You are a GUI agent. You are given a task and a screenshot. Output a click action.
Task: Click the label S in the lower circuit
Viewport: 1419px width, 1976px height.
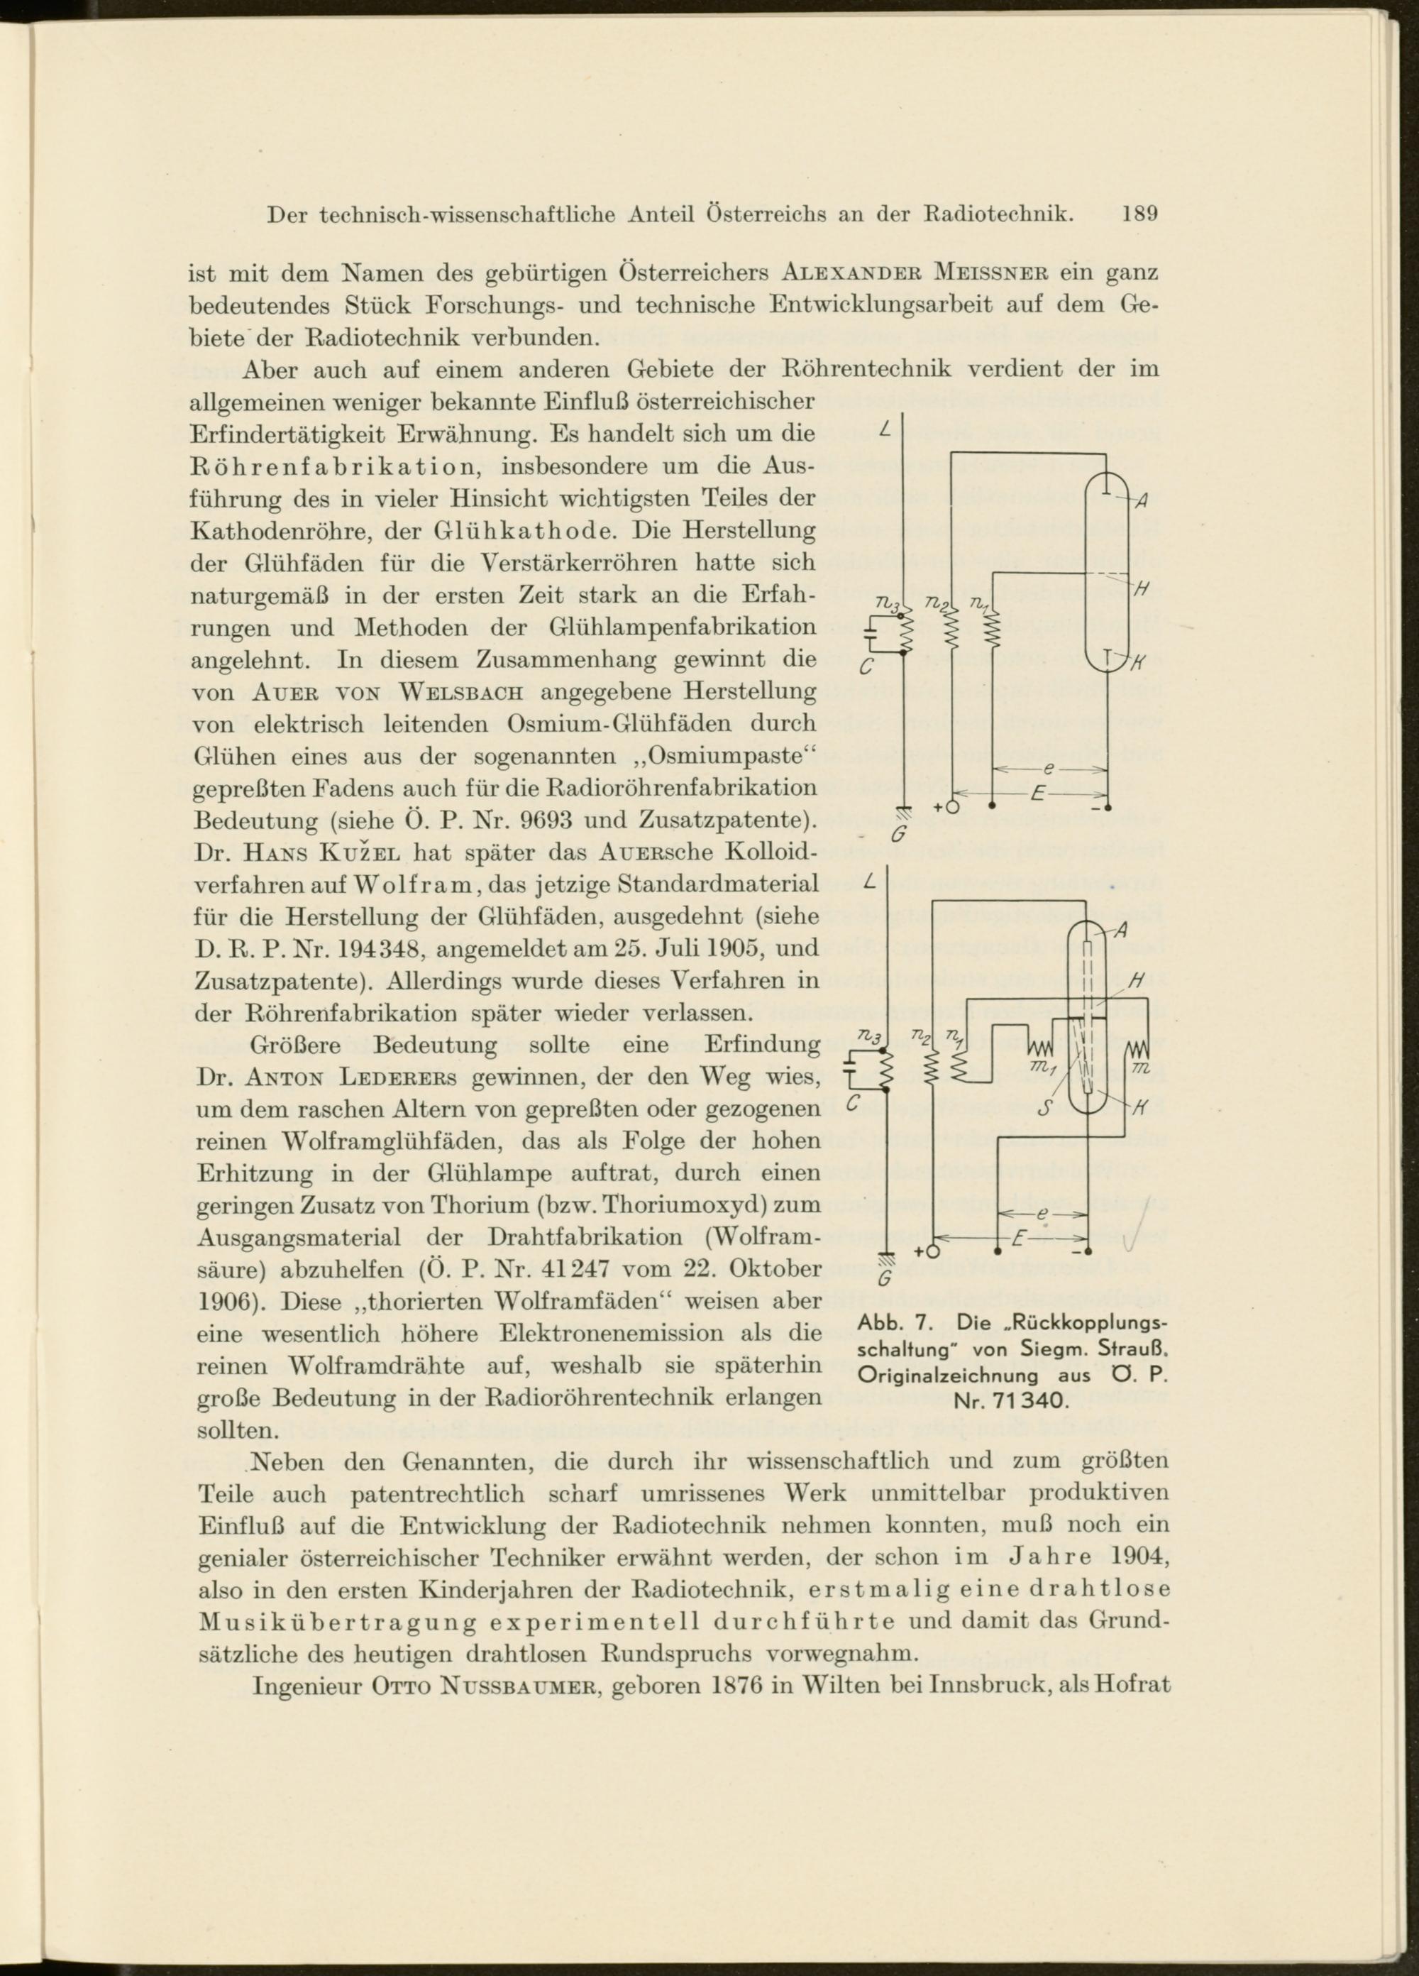1045,1110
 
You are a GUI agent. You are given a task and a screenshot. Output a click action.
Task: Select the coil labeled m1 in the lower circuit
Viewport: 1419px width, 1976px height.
1043,1044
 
